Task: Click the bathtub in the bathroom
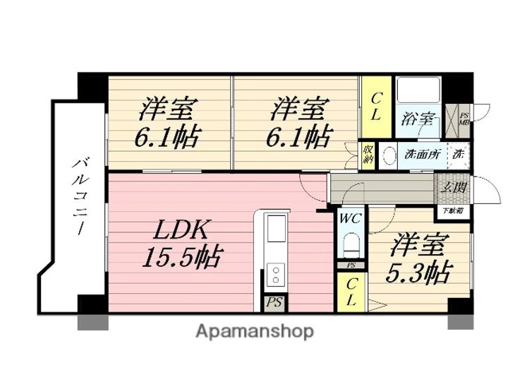(419, 90)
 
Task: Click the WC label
(351, 219)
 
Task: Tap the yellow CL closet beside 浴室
(375, 106)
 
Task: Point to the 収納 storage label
(368, 153)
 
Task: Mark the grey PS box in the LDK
(273, 303)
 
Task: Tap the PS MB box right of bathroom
(464, 119)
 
